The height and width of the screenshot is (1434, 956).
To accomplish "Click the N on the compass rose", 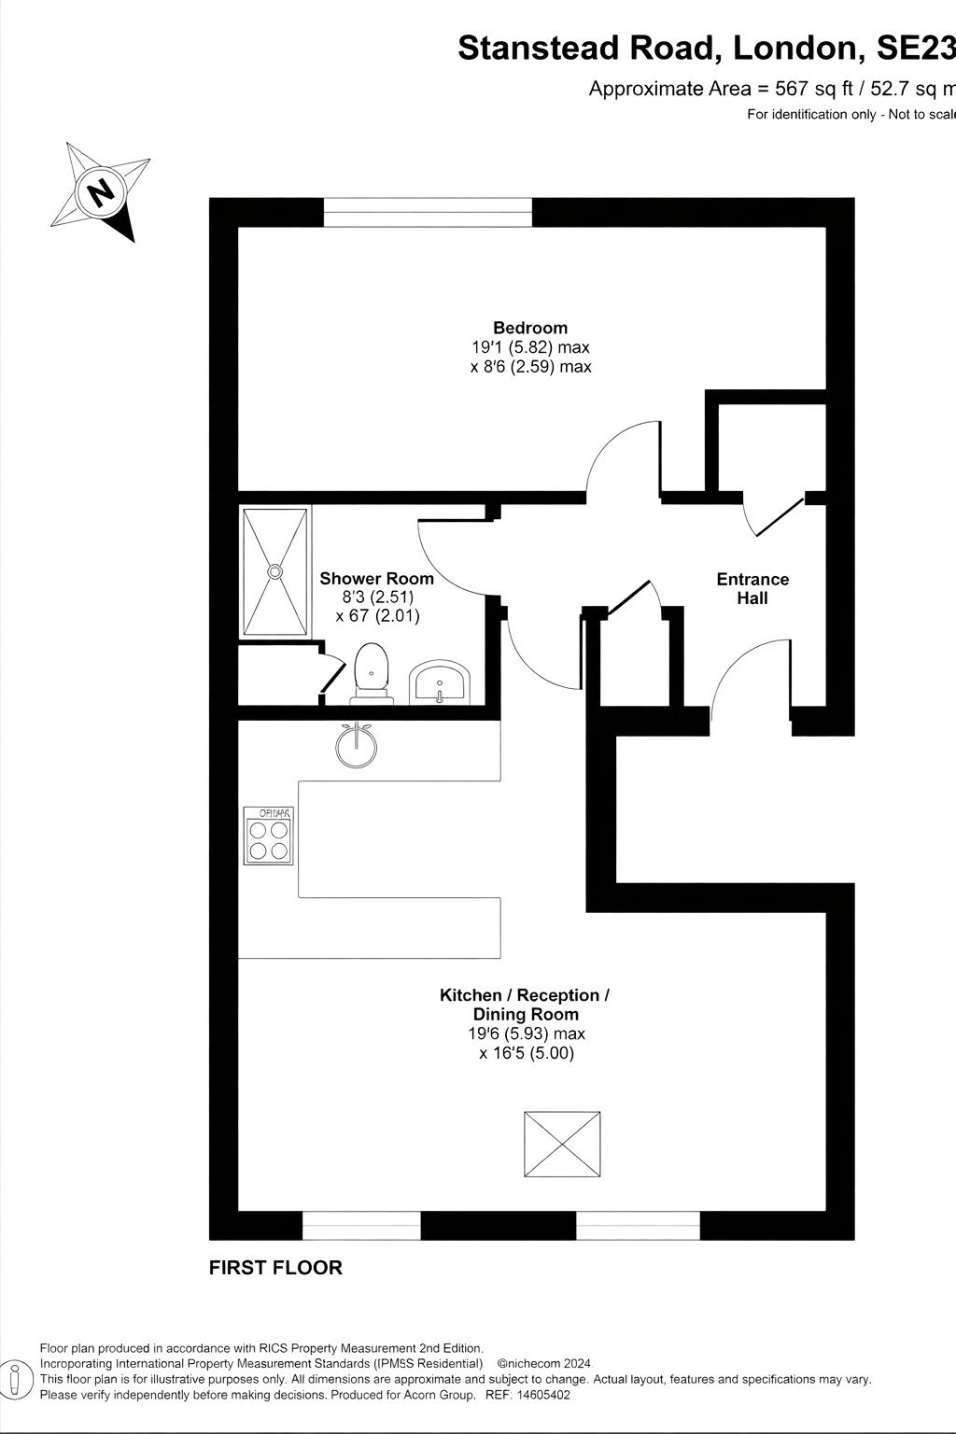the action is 99,191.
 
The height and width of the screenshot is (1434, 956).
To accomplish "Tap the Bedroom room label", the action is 530,328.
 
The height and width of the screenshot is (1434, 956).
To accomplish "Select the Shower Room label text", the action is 376,579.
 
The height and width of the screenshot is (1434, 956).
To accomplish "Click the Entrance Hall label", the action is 752,588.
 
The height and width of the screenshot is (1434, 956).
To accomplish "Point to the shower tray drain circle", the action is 275,570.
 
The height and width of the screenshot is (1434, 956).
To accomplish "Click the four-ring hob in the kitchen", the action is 268,836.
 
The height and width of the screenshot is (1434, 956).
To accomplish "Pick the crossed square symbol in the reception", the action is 562,1144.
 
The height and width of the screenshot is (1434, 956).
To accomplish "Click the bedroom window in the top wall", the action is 427,213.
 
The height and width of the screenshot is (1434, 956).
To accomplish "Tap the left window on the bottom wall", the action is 361,1225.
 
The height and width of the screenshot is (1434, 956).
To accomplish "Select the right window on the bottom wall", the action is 638,1225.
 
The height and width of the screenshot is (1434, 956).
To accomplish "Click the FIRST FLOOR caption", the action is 275,1268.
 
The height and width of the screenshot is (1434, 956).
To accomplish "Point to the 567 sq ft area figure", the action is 813,89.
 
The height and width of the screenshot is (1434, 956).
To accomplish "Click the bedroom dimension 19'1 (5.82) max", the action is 530,347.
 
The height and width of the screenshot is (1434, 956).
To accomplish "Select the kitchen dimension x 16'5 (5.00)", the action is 527,1053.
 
